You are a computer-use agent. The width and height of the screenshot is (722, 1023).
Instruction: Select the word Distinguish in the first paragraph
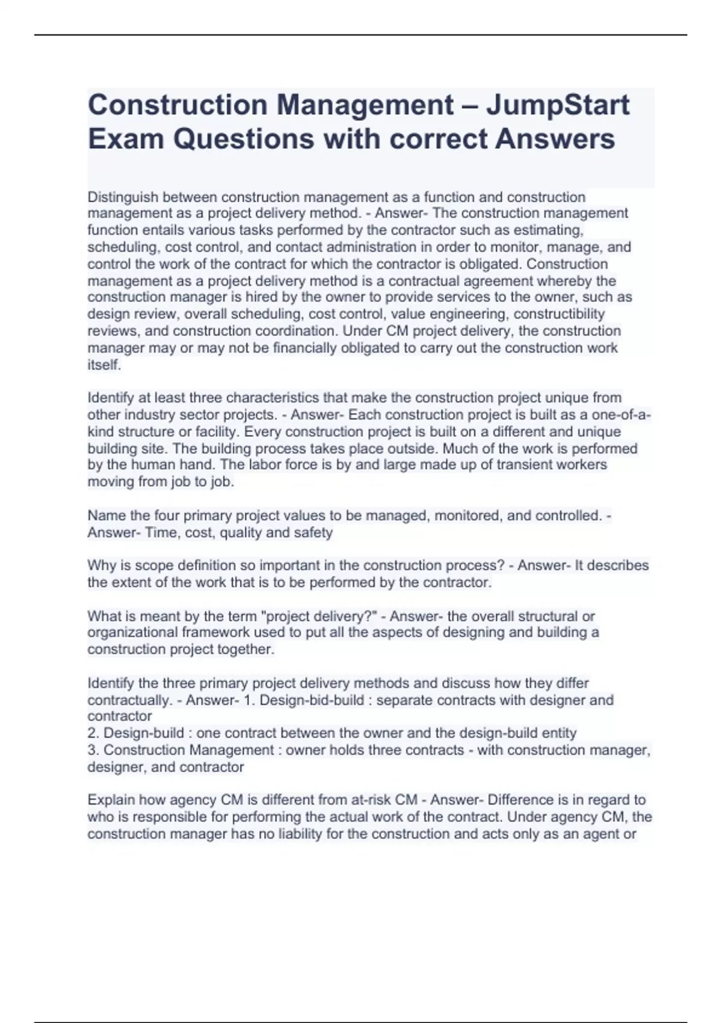pyautogui.click(x=123, y=197)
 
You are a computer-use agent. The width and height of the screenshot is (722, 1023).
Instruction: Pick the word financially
pyautogui.click(x=303, y=348)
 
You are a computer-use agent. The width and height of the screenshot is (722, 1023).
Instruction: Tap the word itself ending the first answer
pyautogui.click(x=104, y=365)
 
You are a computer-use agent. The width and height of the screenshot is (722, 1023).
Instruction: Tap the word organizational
pyautogui.click(x=126, y=632)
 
